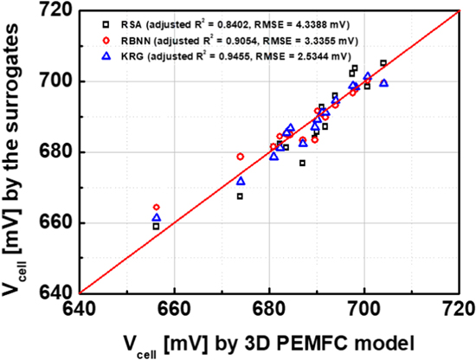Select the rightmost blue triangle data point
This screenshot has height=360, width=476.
(x=383, y=83)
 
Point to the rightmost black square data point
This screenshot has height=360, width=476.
(x=383, y=63)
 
